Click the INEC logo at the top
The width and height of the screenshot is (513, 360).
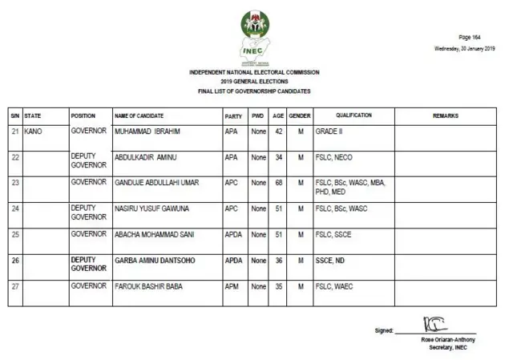tap(255, 37)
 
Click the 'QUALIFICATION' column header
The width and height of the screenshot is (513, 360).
tap(353, 116)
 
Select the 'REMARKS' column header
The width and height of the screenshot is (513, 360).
tap(446, 116)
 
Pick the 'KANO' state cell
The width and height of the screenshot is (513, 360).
tap(34, 131)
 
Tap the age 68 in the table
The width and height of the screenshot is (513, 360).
tap(278, 183)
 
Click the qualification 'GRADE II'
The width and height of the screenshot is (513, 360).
tap(330, 131)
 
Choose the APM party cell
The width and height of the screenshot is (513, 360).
tap(232, 286)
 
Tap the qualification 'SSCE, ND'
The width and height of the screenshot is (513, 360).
tap(331, 261)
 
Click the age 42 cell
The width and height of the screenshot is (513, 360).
tap(278, 131)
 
